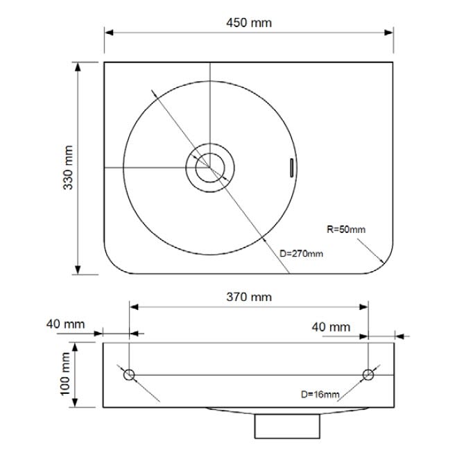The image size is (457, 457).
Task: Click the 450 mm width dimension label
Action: pyautogui.click(x=249, y=23)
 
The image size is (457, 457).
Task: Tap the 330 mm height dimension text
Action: pyautogui.click(x=68, y=168)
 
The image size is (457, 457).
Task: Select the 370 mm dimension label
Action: pyautogui.click(x=249, y=297)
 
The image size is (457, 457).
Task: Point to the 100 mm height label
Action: pyautogui.click(x=65, y=374)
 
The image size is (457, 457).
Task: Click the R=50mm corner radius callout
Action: pyautogui.click(x=346, y=230)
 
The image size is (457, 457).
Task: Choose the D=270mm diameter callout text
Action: pyautogui.click(x=301, y=254)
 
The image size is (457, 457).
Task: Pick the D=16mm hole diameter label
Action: pyautogui.click(x=320, y=395)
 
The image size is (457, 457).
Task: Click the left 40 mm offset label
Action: pyautogui.click(x=66, y=324)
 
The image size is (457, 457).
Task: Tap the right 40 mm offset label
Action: pyautogui.click(x=331, y=327)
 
